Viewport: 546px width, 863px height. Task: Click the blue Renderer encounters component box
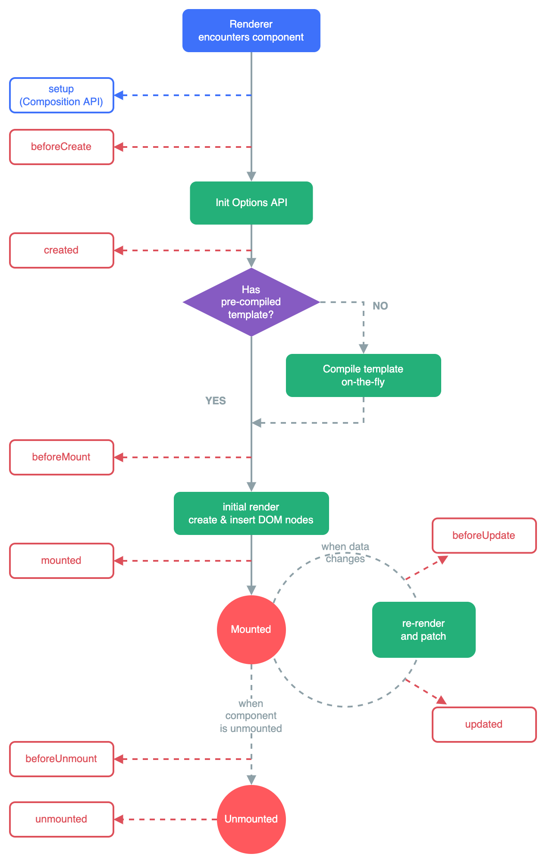pyautogui.click(x=251, y=31)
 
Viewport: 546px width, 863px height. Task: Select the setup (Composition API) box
pyautogui.click(x=62, y=95)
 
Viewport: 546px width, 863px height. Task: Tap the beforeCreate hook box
pyautogui.click(x=62, y=147)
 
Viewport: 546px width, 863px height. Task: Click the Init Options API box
pyautogui.click(x=251, y=203)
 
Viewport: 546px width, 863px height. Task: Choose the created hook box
pyautogui.click(x=62, y=250)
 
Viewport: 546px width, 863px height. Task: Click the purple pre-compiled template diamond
pyautogui.click(x=251, y=302)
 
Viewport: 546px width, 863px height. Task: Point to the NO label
pyautogui.click(x=380, y=306)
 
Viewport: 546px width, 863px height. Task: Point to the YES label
pyautogui.click(x=215, y=400)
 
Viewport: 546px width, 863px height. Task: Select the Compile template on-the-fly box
pyautogui.click(x=363, y=375)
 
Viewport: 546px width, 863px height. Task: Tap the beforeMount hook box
pyautogui.click(x=62, y=457)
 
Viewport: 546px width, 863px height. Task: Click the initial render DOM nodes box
pyautogui.click(x=251, y=513)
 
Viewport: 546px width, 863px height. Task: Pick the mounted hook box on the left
pyautogui.click(x=62, y=561)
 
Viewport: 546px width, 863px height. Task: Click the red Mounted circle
pyautogui.click(x=251, y=629)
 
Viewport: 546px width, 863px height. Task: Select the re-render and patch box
pyautogui.click(x=424, y=629)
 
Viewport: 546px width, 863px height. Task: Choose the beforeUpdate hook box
pyautogui.click(x=484, y=535)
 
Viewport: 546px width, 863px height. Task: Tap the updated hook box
pyautogui.click(x=484, y=725)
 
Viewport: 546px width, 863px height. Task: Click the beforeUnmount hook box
pyautogui.click(x=62, y=759)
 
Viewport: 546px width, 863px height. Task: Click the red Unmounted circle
pyautogui.click(x=251, y=819)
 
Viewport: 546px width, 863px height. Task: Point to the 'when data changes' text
pyautogui.click(x=345, y=553)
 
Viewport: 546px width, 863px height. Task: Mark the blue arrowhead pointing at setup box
pyautogui.click(x=119, y=95)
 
